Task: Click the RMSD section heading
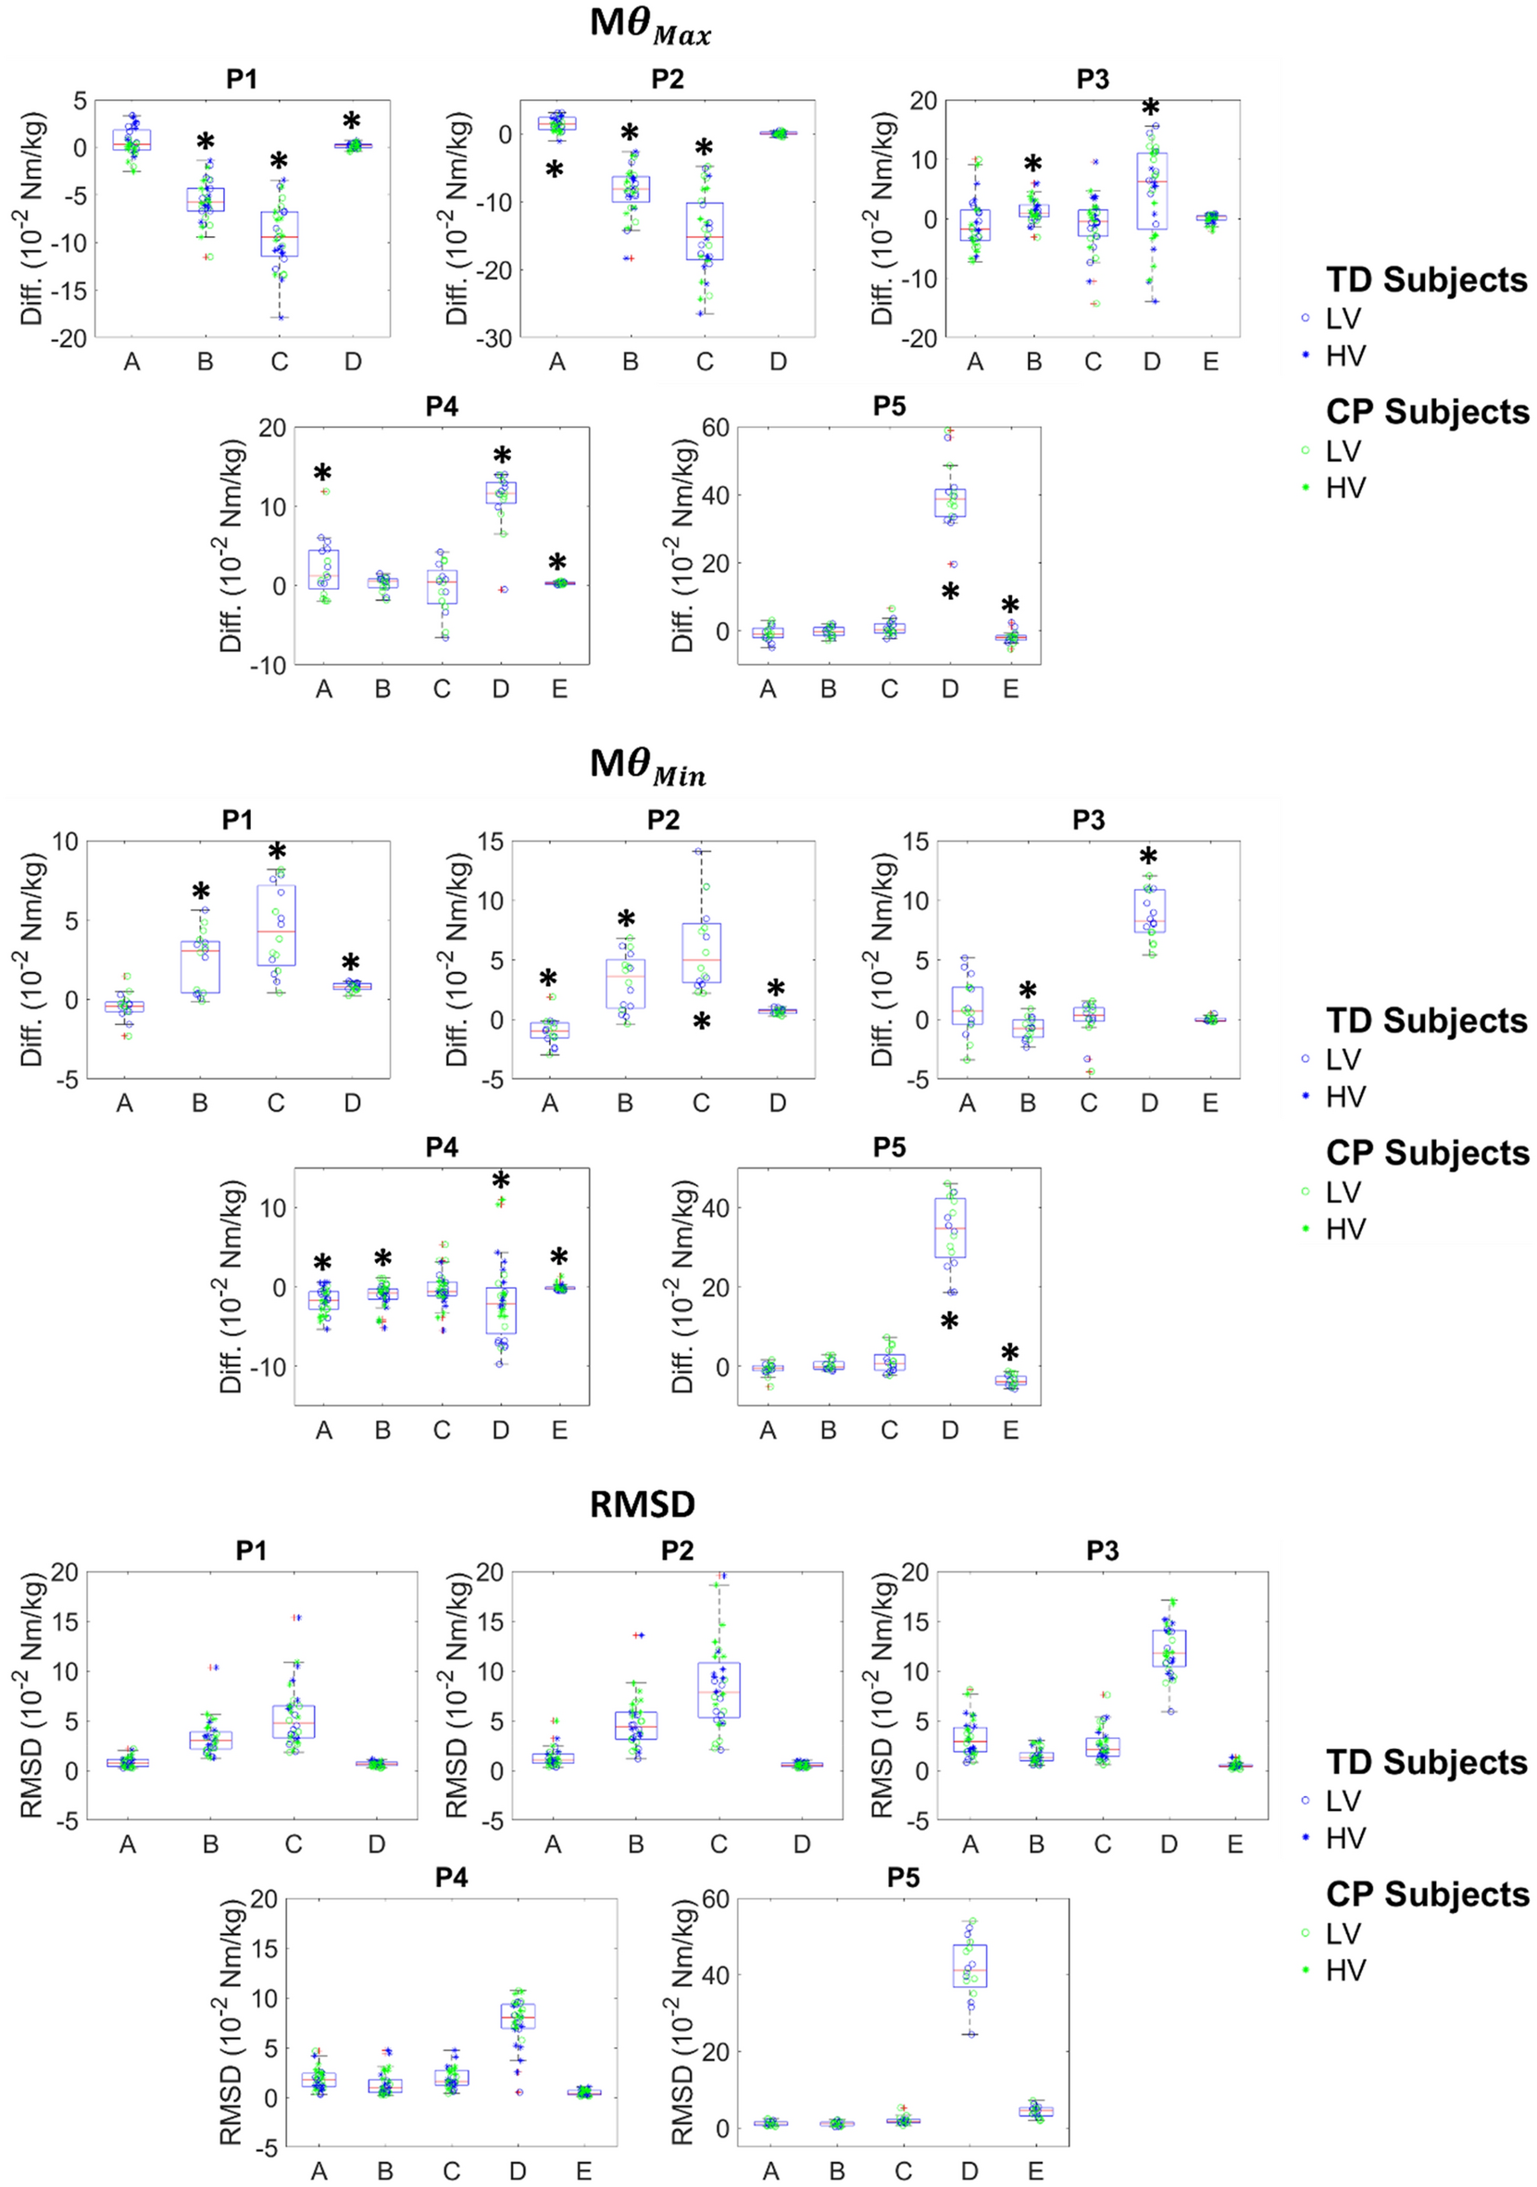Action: point(642,1504)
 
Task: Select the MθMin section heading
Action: point(647,767)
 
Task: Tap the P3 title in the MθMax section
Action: point(1093,79)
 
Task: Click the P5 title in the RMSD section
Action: point(903,1878)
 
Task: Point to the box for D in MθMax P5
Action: point(949,502)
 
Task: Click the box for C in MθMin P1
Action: point(276,925)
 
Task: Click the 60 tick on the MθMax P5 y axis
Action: point(715,428)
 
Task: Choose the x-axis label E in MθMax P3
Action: point(1210,362)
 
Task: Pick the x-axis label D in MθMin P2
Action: point(777,1103)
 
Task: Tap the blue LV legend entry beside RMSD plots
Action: point(1343,1801)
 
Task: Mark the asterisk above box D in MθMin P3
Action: point(1148,856)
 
